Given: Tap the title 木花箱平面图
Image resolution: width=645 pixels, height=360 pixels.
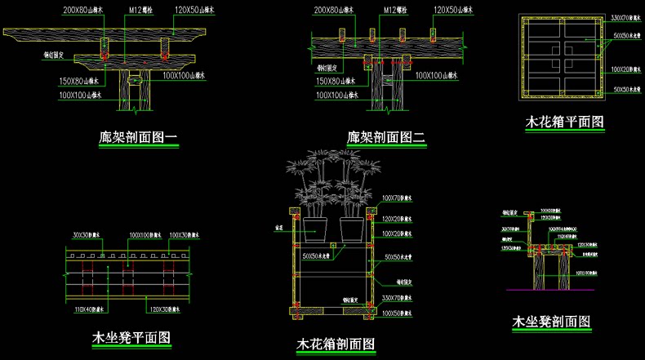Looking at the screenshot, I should pyautogui.click(x=565, y=123).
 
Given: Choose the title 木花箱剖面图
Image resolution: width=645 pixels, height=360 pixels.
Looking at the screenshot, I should pyautogui.click(x=336, y=345).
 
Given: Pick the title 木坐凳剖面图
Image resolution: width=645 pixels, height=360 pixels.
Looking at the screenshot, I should pyautogui.click(x=551, y=322).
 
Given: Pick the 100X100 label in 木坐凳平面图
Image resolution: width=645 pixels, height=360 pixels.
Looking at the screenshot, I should pyautogui.click(x=145, y=236).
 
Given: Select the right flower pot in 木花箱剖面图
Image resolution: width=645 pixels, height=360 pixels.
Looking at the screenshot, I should pyautogui.click(x=352, y=229).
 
